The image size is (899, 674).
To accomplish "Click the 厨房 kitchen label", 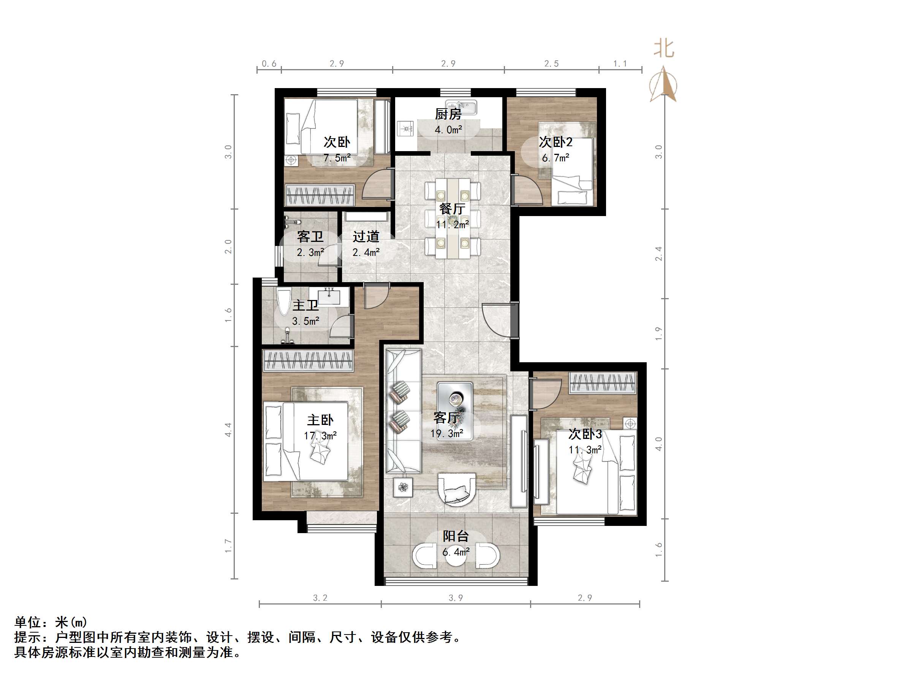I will (448, 114).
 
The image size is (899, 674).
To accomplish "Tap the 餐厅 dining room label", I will (452, 209).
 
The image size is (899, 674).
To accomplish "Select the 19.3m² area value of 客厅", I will (447, 434).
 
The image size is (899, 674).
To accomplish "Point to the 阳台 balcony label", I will (456, 536).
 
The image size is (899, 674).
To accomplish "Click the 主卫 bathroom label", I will (305, 306).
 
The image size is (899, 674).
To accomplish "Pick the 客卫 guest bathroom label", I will (310, 237).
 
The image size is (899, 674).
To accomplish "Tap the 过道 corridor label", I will (366, 237).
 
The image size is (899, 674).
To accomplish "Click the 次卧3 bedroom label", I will (585, 434).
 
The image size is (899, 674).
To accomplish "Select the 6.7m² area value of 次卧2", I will (556, 158).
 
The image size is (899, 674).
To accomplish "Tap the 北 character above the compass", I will (664, 49).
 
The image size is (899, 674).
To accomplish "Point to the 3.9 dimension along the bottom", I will (456, 598).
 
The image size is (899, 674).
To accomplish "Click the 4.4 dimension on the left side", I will (228, 429).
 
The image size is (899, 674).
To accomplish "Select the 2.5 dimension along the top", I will (551, 64).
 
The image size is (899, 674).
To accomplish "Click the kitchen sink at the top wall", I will (461, 107).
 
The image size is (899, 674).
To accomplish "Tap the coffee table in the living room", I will (455, 410).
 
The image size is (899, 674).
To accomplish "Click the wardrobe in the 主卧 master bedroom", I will (308, 360).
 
